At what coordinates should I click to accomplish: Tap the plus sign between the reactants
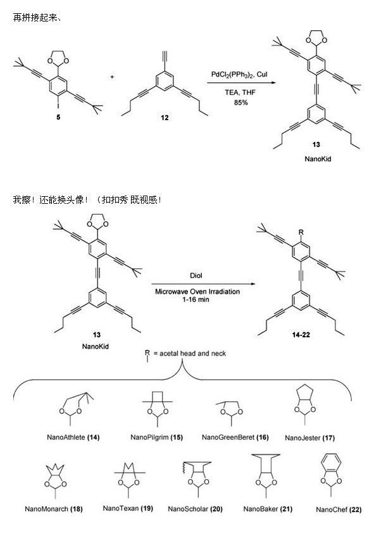click(x=112, y=77)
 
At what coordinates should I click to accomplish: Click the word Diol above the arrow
click(x=196, y=276)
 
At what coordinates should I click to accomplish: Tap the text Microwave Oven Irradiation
click(x=196, y=291)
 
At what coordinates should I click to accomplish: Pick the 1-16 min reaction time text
click(x=196, y=299)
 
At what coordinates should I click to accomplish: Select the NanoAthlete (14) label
click(x=73, y=437)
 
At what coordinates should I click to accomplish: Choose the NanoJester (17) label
click(x=310, y=437)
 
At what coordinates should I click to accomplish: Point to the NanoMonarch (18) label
click(x=54, y=508)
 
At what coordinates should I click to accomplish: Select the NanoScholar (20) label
click(x=195, y=508)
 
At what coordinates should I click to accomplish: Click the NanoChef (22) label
click(x=339, y=508)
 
